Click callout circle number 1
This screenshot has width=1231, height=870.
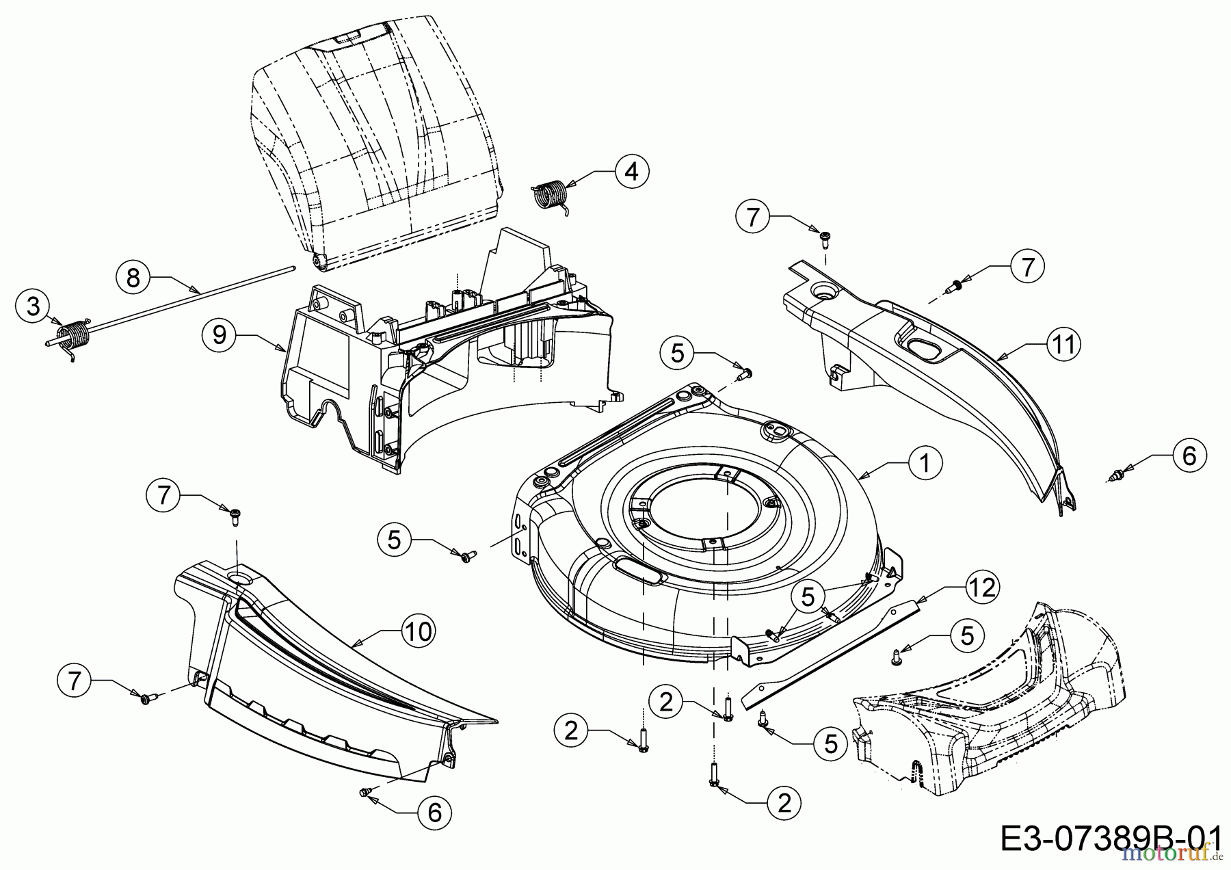[925, 463]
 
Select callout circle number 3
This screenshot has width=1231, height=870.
[34, 306]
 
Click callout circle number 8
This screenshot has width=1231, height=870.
[133, 277]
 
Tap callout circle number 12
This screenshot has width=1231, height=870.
[982, 588]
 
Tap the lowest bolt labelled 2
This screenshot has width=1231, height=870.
[715, 776]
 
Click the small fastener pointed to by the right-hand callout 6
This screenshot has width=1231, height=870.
[1120, 473]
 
